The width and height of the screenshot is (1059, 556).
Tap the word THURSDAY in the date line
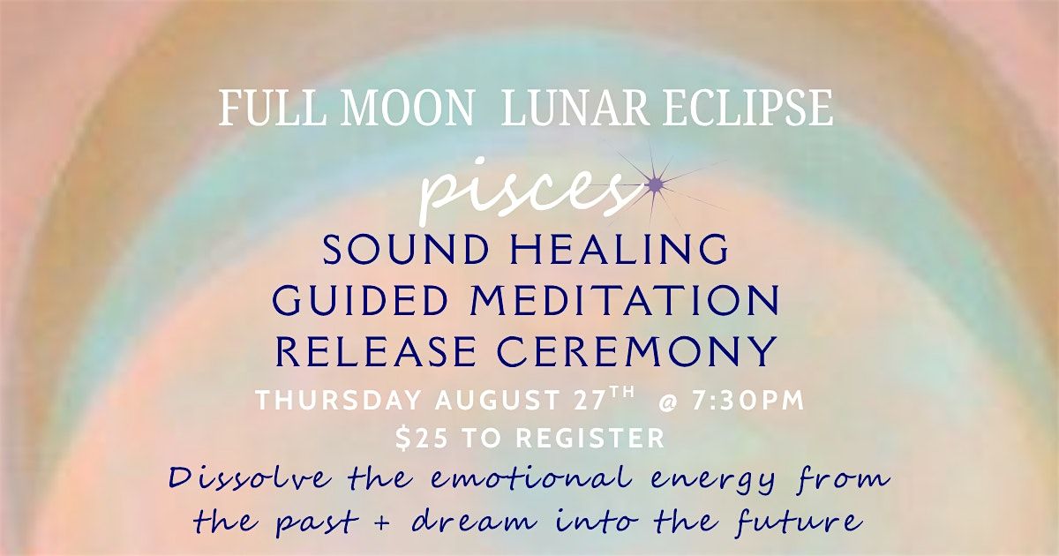click(x=338, y=401)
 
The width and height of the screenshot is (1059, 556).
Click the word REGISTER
click(x=590, y=439)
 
